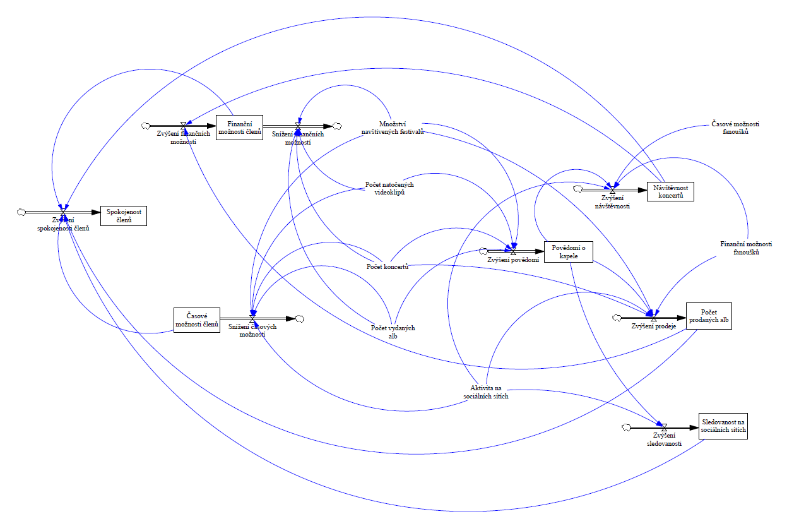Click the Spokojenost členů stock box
click(123, 216)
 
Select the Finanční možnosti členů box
click(239, 128)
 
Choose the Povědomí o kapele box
click(568, 252)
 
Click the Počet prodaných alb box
click(709, 316)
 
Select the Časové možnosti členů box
click(196, 320)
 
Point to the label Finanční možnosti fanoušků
click(746, 248)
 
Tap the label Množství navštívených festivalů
click(393, 128)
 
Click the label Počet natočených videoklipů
click(389, 188)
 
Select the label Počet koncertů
click(388, 266)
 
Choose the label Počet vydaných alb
click(393, 332)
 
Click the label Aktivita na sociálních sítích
click(486, 392)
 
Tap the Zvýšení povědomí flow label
click(513, 260)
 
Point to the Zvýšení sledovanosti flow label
click(664, 439)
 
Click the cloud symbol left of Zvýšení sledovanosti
click(626, 427)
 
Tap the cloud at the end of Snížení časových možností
click(300, 319)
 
